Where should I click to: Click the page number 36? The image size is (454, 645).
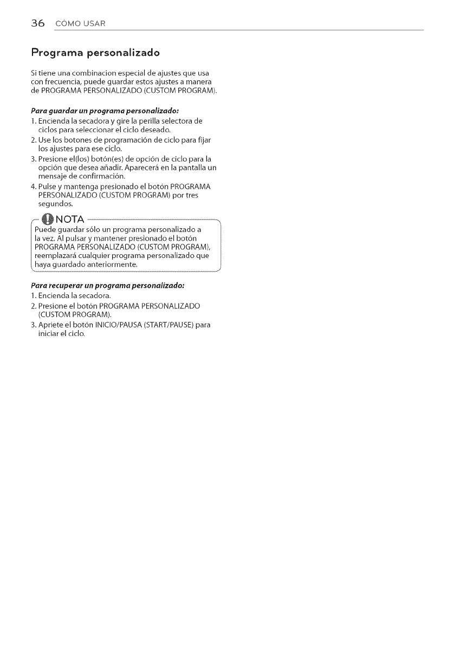click(37, 23)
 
